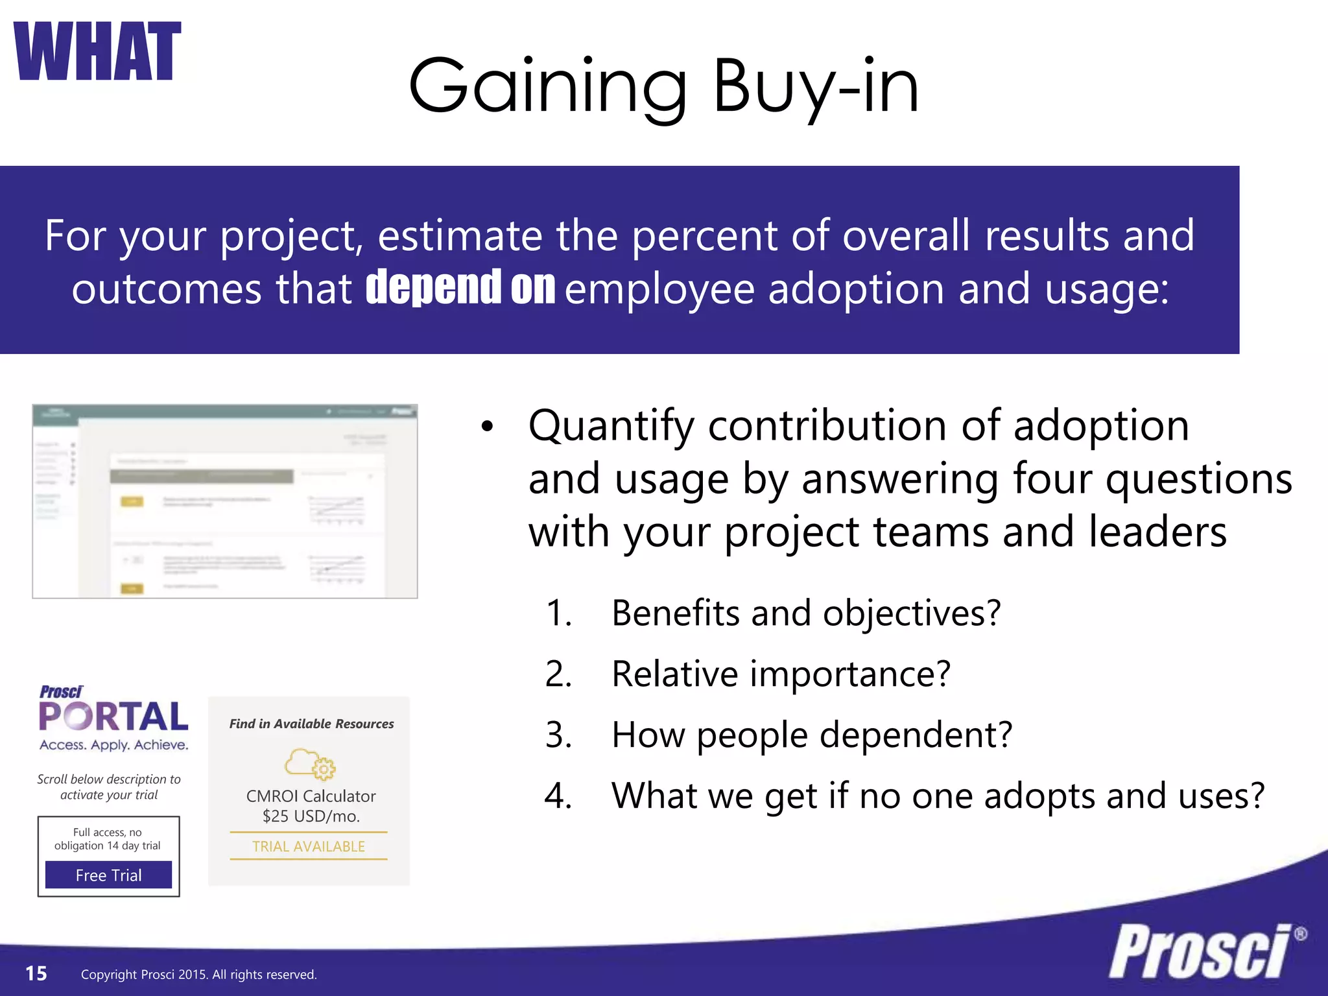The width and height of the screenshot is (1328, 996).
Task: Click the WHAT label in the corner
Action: click(97, 52)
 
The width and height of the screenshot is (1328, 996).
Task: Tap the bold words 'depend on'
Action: click(460, 287)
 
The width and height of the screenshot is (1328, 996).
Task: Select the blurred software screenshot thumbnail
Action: click(225, 501)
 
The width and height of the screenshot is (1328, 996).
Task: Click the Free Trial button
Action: click(108, 875)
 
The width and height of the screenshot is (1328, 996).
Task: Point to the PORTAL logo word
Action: click(113, 717)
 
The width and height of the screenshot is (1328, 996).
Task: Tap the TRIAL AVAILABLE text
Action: click(309, 846)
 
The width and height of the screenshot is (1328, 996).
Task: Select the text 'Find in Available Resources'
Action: click(311, 724)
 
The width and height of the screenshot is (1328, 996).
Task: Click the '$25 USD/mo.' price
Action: click(311, 816)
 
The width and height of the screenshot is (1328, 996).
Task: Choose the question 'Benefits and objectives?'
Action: click(806, 613)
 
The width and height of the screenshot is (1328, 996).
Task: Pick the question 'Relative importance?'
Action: click(781, 674)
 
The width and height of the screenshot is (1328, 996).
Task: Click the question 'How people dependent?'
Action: click(812, 735)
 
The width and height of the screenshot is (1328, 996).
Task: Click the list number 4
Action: click(558, 796)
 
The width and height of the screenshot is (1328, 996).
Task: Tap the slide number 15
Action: click(36, 973)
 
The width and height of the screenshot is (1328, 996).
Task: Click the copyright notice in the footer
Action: click(198, 975)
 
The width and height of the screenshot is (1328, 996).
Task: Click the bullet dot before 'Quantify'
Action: click(488, 427)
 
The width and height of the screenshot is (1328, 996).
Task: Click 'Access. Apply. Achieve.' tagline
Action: click(114, 745)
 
